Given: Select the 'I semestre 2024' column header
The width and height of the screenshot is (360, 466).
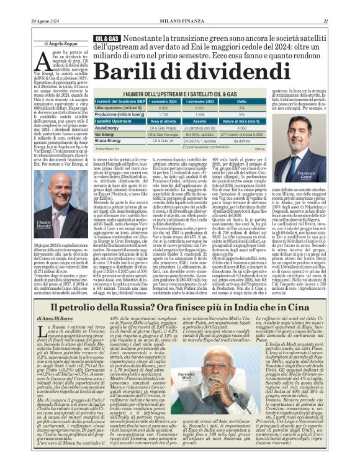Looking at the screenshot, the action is [x=164, y=101].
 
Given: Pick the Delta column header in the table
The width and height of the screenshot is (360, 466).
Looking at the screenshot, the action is [x=243, y=101].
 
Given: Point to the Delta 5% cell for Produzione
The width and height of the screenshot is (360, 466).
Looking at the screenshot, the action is [x=243, y=114].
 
